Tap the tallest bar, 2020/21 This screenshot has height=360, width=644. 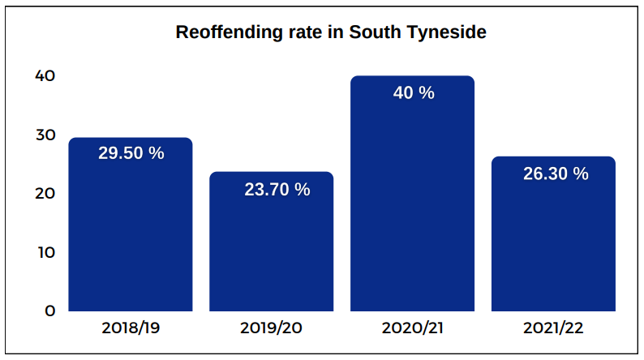click(x=412, y=203)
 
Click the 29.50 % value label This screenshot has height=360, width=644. click(x=131, y=152)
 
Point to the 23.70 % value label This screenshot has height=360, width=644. click(x=277, y=190)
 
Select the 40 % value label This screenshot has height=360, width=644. click(x=414, y=92)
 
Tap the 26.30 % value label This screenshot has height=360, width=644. click(x=556, y=174)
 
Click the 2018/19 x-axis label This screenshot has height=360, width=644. click(x=131, y=328)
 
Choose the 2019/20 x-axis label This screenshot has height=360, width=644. click(x=273, y=328)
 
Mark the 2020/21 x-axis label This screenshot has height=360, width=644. click(x=413, y=328)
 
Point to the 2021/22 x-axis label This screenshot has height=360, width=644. click(x=554, y=328)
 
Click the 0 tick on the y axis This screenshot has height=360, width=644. click(x=49, y=311)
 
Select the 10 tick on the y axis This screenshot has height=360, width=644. click(x=45, y=252)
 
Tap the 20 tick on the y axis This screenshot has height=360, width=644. click(x=45, y=193)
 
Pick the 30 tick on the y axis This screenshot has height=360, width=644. click(x=45, y=135)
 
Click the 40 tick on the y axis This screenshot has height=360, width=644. click(x=45, y=75)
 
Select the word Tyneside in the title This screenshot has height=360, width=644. click(x=451, y=33)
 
